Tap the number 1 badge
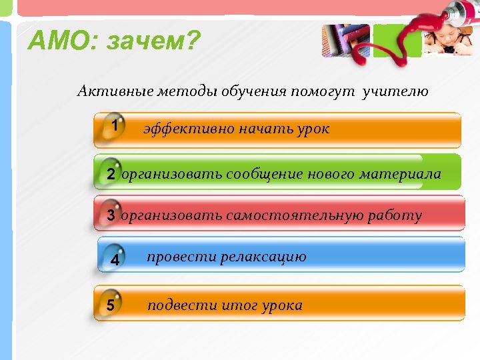(x=115, y=125)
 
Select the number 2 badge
(x=110, y=174)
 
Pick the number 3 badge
(x=110, y=215)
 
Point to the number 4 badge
(x=115, y=260)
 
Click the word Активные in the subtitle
(x=115, y=91)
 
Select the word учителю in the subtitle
(x=395, y=91)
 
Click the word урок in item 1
(x=312, y=129)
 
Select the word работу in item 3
(x=394, y=215)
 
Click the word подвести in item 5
(x=177, y=305)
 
